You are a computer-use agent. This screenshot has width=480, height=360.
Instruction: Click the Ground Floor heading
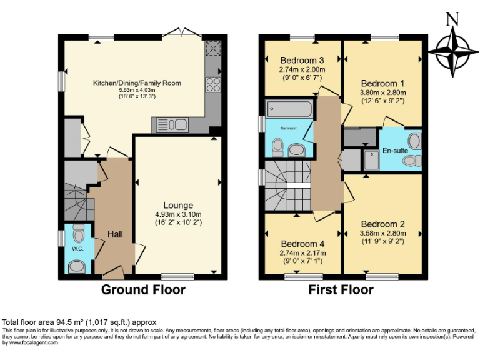[x=143, y=289]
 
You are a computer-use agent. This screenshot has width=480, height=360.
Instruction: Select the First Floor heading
[x=341, y=289]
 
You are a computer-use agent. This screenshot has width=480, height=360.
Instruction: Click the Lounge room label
[x=178, y=205]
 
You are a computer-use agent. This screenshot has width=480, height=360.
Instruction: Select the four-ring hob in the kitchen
[x=213, y=84]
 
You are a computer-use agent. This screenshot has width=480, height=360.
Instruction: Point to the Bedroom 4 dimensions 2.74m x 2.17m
[x=302, y=252]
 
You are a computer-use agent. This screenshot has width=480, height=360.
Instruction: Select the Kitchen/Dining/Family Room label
[x=137, y=82]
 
